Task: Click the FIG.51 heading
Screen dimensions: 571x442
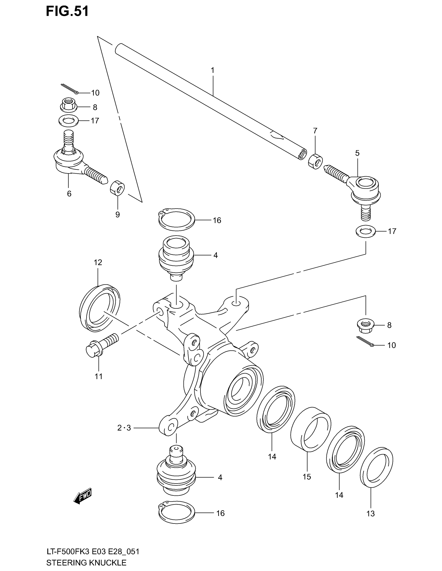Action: tap(67, 11)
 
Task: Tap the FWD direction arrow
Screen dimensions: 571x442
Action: tap(83, 495)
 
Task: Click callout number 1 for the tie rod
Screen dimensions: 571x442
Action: tap(213, 70)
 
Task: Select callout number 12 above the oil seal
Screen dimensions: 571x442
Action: tap(98, 262)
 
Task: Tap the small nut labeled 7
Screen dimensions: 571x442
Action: tap(315, 162)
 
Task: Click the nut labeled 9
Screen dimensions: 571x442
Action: tap(117, 187)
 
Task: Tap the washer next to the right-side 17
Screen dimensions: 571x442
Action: tap(366, 231)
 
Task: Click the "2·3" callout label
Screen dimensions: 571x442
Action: tap(124, 428)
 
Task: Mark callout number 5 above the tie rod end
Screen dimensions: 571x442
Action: tap(357, 153)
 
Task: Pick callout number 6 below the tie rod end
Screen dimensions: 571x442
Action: tap(69, 194)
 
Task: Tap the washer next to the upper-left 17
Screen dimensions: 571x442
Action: tap(68, 120)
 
